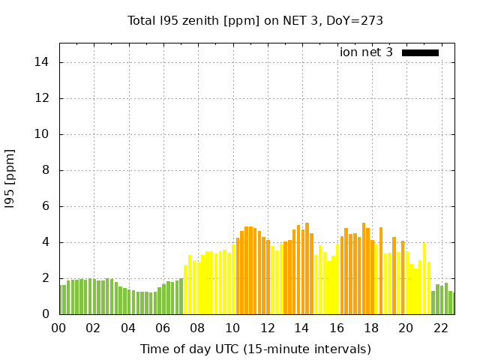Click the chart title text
[x=255, y=21]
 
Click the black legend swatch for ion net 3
[x=420, y=52]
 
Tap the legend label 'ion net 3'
[x=366, y=52]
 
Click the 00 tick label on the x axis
[x=58, y=328]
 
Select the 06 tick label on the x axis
[x=163, y=328]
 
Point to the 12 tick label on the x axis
[x=267, y=328]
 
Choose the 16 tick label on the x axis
[x=336, y=328]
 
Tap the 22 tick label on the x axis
[x=440, y=328]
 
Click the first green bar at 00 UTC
[x=61, y=299]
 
